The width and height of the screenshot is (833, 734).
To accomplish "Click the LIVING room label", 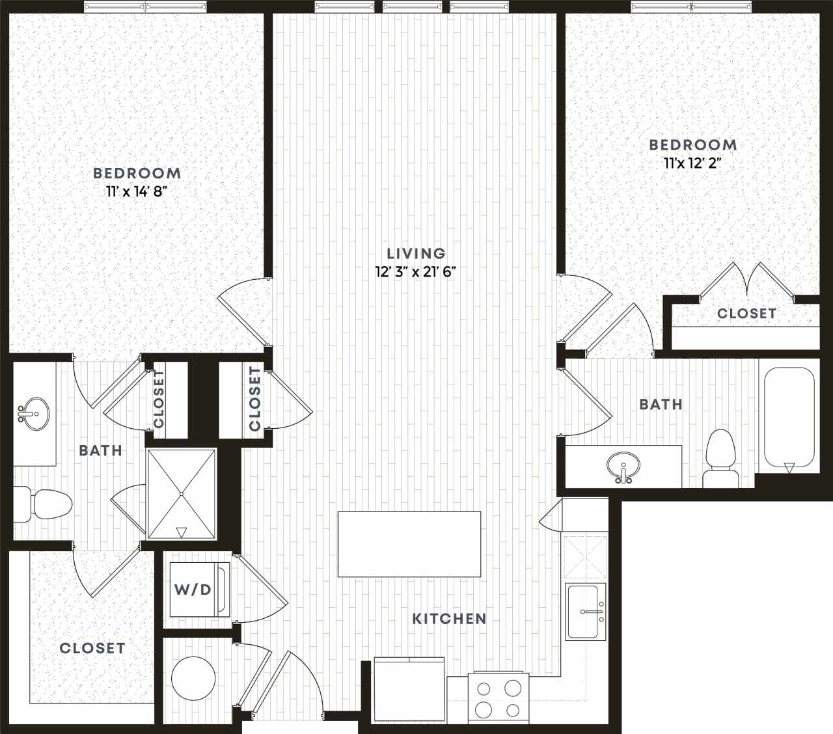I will (x=416, y=253).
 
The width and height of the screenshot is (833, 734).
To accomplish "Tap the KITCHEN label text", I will (x=449, y=618).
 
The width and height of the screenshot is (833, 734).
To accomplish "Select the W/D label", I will (x=193, y=590).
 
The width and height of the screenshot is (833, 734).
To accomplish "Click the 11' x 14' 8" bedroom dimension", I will (x=137, y=191).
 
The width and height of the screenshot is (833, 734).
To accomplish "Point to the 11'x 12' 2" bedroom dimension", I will (x=692, y=163).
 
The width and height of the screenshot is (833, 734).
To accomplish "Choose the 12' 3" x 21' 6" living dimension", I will (x=415, y=271).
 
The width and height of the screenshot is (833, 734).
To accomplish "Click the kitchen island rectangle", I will (x=409, y=544).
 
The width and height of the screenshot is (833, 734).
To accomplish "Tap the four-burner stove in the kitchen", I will (x=498, y=698).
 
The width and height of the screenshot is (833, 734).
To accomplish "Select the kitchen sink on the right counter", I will (x=584, y=612).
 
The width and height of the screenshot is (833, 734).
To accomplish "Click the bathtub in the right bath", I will (x=789, y=418).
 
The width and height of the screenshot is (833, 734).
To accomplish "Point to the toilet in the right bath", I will (x=720, y=458).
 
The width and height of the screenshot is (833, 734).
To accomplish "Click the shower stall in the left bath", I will (x=182, y=494).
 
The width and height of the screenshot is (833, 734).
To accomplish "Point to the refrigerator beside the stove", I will (x=409, y=689).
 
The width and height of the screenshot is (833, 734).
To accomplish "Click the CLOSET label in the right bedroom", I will (x=746, y=314).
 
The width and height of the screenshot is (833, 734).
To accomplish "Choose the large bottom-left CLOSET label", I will (x=92, y=648).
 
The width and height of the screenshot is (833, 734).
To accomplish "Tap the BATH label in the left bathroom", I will (x=100, y=450).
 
